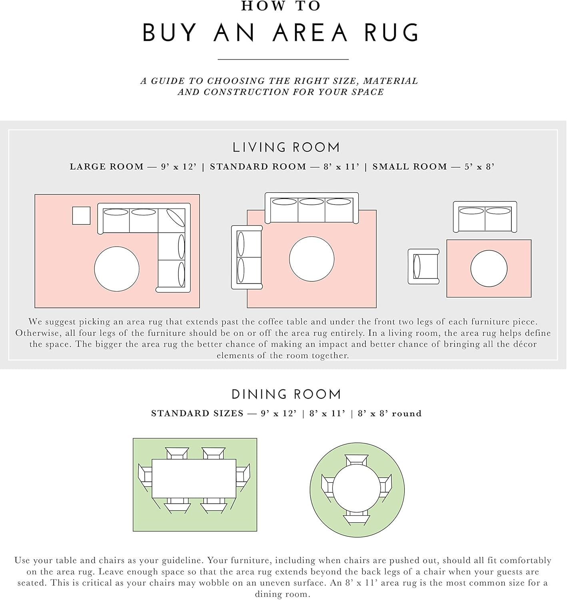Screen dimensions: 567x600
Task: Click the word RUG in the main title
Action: tap(391, 32)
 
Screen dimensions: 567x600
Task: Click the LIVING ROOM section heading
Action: tap(286, 148)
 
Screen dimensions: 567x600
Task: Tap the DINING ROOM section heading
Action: tap(286, 394)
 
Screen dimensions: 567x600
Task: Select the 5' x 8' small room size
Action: tap(479, 167)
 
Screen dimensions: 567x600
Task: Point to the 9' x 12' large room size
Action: tap(179, 167)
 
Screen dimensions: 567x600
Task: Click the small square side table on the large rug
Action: tap(81, 216)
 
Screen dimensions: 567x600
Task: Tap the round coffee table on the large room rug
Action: tap(117, 269)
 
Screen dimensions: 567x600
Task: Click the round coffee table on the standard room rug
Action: tap(311, 259)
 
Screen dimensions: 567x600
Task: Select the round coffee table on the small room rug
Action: tap(489, 268)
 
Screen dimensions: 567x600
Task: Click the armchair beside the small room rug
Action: tap(423, 266)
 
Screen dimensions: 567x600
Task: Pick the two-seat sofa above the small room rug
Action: tap(485, 217)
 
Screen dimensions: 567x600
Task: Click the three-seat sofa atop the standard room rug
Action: tap(311, 208)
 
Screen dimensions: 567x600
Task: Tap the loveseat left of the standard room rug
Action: tap(247, 257)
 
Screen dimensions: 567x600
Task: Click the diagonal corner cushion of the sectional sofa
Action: tap(176, 218)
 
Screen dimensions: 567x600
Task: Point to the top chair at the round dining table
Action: tap(356, 460)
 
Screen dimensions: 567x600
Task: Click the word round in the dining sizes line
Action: tap(407, 414)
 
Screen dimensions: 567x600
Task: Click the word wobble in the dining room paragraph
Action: tap(213, 583)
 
